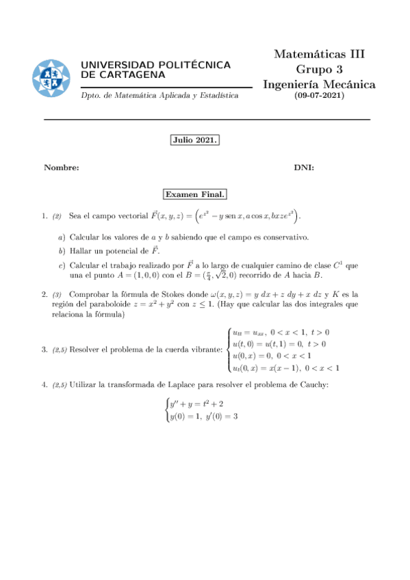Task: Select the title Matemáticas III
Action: [x=320, y=54]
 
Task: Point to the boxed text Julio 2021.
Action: [x=194, y=141]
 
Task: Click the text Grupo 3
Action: [x=319, y=69]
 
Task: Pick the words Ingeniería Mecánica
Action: [x=319, y=84]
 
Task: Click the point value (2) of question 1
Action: [x=57, y=217]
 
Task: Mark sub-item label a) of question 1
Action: [x=62, y=237]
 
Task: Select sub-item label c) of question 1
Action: [x=62, y=264]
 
